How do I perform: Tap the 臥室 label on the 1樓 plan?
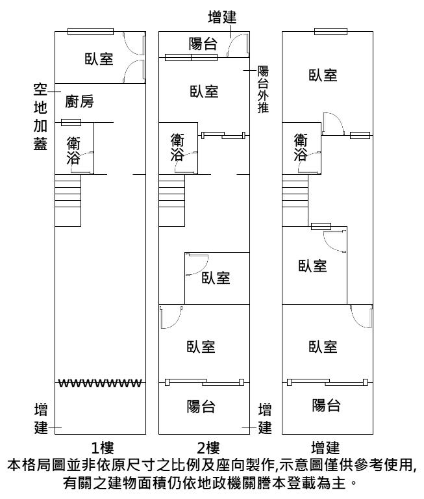point(99,59)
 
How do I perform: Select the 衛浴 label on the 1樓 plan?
point(73,151)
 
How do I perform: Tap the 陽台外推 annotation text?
point(263,90)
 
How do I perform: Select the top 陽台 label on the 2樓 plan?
point(203,44)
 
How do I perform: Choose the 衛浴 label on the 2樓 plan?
point(177,147)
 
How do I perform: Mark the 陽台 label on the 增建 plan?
point(327,405)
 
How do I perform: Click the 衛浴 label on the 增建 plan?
point(300,147)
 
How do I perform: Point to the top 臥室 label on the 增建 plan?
point(323,75)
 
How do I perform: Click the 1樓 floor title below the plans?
point(103,448)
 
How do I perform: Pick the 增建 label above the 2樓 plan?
point(221,17)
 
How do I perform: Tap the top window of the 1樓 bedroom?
point(90,31)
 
